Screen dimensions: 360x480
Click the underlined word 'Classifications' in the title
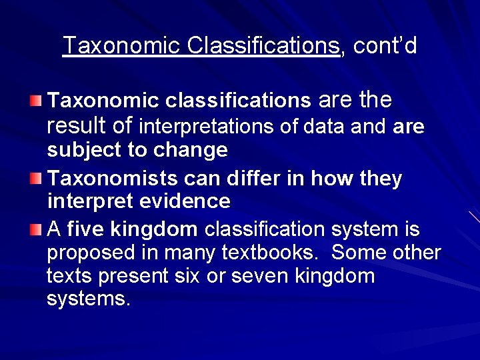pos(263,46)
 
